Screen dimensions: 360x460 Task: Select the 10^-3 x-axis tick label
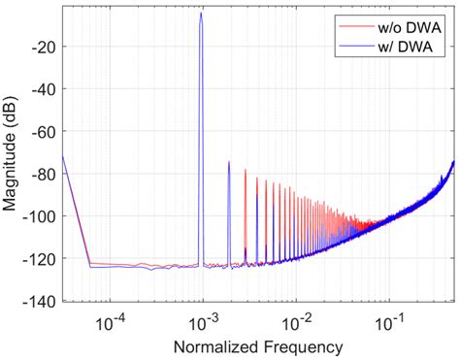click(x=202, y=320)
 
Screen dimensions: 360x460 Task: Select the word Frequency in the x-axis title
click(x=303, y=345)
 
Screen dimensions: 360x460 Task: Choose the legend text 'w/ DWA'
click(x=404, y=45)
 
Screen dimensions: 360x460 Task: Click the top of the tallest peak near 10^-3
click(x=201, y=13)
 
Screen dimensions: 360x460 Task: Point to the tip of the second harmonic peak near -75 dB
click(x=229, y=162)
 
